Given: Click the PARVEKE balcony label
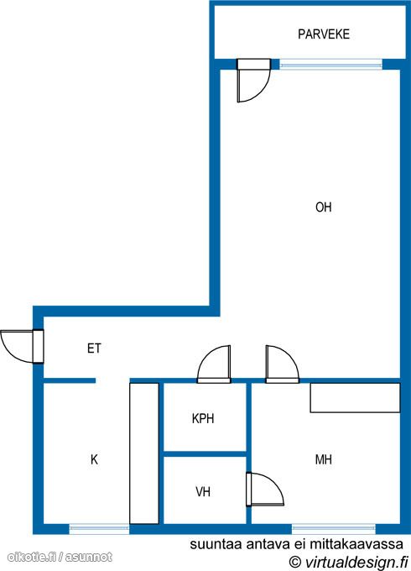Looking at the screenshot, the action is coord(323,34).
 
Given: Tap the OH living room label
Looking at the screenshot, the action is coord(323,207).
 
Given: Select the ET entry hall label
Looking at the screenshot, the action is coord(94,348).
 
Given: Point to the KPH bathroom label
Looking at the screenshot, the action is coord(203,418).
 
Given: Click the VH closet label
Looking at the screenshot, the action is coord(203,492).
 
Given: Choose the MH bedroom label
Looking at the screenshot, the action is coord(323,459).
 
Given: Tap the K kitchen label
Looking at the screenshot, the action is coord(94,459).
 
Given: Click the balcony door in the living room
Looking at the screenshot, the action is coord(253,81).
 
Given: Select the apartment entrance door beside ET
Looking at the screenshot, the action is coord(23,347).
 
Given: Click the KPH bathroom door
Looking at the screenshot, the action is coord(214,364).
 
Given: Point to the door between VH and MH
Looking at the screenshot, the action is coord(264,490).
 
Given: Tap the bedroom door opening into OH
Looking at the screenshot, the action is coord(282,364).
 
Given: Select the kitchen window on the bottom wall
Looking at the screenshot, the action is coord(99,528).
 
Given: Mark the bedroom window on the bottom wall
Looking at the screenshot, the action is coord(334,528).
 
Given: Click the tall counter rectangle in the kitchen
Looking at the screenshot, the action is coord(144,453).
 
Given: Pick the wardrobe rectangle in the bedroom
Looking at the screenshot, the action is coord(355,398).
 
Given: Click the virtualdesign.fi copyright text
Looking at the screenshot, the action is coord(348,561).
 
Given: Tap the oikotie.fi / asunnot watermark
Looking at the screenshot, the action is coord(60,557).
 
